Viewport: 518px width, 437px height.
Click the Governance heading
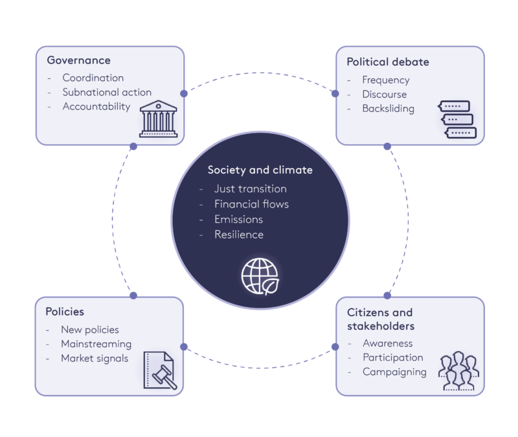(78, 61)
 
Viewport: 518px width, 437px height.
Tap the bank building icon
(158, 118)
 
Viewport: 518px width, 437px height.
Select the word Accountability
(96, 107)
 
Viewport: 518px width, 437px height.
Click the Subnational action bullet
(107, 92)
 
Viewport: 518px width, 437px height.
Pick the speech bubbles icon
(457, 120)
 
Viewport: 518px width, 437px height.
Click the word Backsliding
(388, 109)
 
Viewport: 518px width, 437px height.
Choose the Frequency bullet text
(386, 80)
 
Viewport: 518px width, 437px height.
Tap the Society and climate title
(260, 170)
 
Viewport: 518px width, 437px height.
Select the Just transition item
(251, 189)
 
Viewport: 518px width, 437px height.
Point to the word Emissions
(238, 220)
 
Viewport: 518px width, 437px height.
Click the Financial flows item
(251, 204)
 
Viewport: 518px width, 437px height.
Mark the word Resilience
(239, 235)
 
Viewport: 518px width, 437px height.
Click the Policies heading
(65, 312)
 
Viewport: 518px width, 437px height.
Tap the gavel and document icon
(159, 369)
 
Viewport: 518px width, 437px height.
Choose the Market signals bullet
(95, 358)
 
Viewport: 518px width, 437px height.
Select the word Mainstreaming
(96, 344)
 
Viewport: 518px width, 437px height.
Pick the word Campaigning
(394, 372)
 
